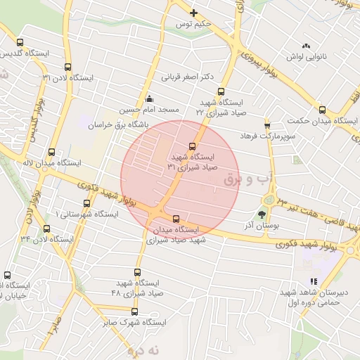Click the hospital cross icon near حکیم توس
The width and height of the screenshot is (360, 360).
point(194,13)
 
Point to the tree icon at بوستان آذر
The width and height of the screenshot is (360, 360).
point(262,214)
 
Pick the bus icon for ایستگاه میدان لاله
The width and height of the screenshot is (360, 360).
point(51,151)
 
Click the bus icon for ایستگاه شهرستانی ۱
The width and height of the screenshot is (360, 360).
point(87,201)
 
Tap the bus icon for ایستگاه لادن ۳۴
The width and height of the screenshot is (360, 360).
point(46,229)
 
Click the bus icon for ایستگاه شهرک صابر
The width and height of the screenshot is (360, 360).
point(134,311)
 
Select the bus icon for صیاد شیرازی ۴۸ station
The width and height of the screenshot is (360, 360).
point(138,272)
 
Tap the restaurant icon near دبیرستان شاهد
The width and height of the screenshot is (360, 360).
point(314,281)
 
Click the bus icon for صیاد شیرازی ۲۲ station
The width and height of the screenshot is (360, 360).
point(221,91)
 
